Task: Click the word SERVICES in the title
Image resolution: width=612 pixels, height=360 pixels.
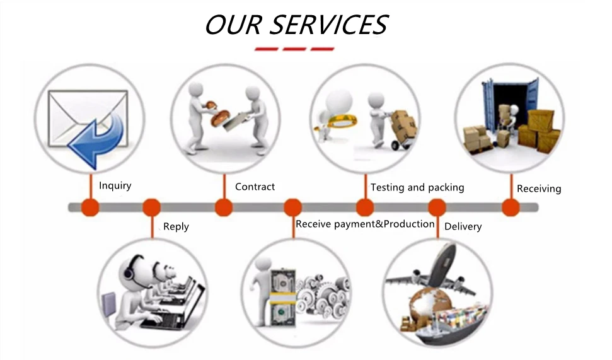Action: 329,25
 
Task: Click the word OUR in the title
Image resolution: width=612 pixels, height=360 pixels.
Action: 233,25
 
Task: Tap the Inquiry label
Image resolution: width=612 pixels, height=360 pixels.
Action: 115,185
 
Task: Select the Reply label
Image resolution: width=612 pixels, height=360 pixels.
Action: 176,226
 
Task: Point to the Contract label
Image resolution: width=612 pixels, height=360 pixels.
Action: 255,187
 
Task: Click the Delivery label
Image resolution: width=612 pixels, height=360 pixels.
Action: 463,226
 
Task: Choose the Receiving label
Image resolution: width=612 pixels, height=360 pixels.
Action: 538,189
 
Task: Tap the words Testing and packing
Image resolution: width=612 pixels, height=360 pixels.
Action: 417,187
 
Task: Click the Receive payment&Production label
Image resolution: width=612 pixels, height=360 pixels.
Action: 365,224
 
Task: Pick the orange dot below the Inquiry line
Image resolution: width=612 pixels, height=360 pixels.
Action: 90,207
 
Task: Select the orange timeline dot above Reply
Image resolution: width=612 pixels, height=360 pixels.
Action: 152,207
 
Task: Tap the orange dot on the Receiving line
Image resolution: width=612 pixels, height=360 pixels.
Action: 510,207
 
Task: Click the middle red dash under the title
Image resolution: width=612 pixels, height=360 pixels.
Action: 294,49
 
